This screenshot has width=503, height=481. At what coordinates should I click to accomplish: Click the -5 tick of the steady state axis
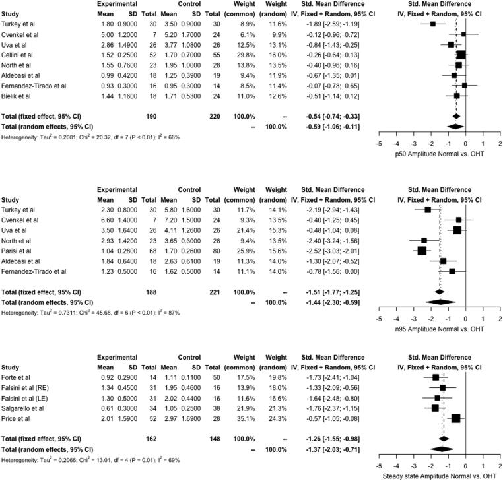point(380,465)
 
